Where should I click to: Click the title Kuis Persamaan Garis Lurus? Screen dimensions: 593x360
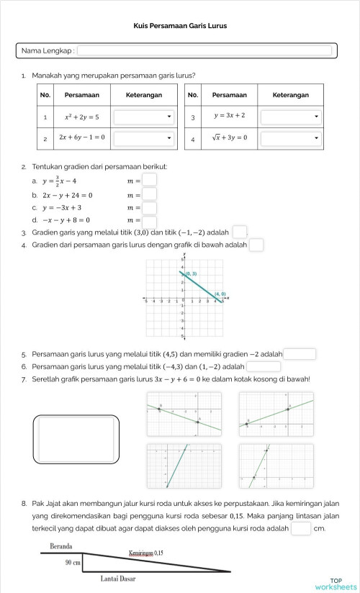coord(180,26)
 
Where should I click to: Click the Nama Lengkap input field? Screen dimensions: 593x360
coord(204,51)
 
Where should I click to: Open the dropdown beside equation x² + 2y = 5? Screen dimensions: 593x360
coord(144,116)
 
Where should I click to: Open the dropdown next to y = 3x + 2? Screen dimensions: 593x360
coord(290,116)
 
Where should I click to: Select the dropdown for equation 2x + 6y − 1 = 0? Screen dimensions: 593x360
coord(144,137)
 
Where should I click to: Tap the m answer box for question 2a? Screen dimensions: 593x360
coord(149,180)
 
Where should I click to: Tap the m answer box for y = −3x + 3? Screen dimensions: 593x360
coord(149,208)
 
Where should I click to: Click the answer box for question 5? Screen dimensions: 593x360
coord(300,354)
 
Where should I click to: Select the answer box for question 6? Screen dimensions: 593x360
coord(264,366)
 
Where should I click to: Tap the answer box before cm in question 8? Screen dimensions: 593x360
coord(301,529)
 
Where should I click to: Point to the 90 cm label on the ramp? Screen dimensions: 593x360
coord(73,563)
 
